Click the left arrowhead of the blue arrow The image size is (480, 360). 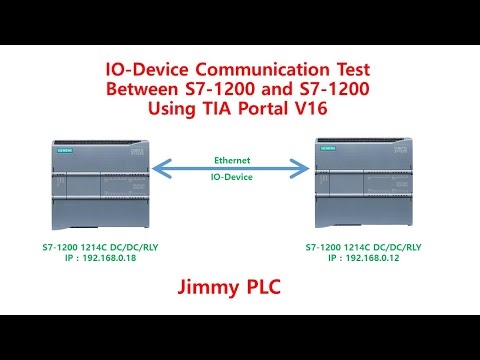pos(159,168)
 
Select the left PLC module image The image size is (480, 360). pos(94,186)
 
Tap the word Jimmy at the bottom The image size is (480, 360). pos(205,289)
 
